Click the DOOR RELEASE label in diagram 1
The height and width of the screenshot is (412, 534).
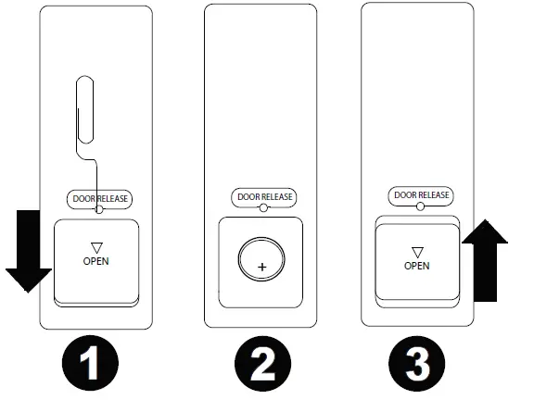point(100,198)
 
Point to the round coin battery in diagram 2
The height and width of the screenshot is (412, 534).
point(262,260)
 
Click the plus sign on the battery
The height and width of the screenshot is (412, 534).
point(262,267)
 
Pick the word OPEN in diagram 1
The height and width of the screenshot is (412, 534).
point(95,261)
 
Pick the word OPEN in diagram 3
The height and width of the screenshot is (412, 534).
point(417,265)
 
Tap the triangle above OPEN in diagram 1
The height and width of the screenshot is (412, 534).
point(95,246)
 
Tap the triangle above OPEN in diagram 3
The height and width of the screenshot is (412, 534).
point(417,251)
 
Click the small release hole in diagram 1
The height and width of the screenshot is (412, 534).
point(100,210)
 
